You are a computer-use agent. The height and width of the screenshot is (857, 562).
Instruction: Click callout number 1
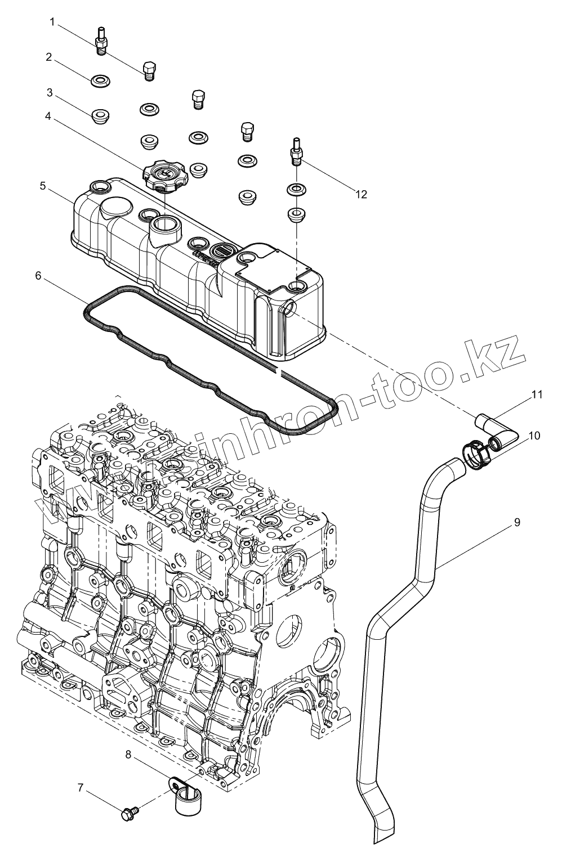[52, 23]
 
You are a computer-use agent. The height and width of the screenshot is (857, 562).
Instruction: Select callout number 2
[50, 57]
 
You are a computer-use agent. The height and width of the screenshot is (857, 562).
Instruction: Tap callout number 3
[50, 92]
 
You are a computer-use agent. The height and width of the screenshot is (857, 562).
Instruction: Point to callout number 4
[48, 116]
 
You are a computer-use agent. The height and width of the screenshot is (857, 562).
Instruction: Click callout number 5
[43, 186]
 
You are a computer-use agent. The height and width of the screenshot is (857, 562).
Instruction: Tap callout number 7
[81, 788]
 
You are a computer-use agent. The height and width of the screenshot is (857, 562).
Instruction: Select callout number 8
[129, 755]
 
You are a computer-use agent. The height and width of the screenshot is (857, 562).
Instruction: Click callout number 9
[516, 522]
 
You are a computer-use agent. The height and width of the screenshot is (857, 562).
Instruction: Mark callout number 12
[361, 194]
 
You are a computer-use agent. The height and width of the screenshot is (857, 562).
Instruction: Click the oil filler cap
[162, 174]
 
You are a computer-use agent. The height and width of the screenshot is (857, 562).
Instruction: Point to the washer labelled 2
[100, 81]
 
